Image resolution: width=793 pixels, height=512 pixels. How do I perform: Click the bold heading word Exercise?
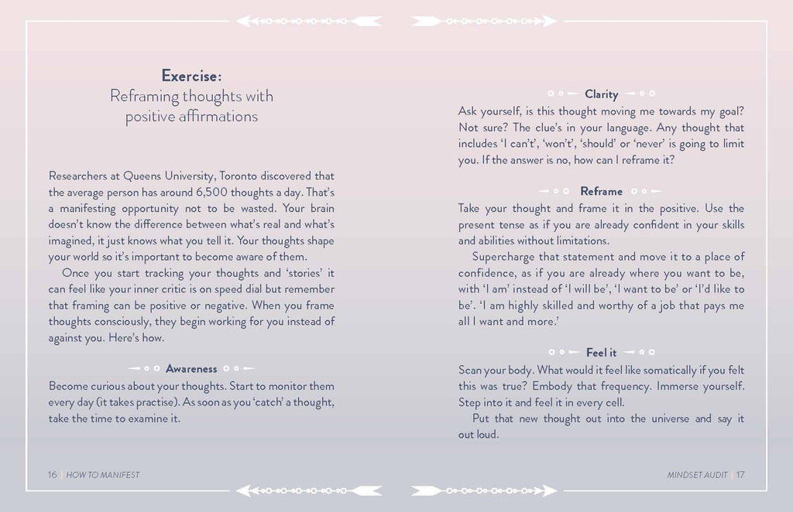tap(191, 76)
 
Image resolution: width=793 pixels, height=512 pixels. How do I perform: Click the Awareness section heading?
tap(191, 369)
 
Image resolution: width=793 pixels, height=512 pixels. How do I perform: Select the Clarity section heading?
tap(601, 94)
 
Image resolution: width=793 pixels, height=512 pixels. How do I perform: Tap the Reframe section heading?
tap(601, 191)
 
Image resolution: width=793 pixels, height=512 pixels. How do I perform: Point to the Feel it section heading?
tap(601, 353)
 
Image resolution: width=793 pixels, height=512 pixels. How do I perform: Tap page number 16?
tap(53, 475)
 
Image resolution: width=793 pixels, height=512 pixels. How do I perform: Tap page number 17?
tap(740, 475)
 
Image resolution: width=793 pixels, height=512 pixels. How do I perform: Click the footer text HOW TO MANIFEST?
tap(103, 475)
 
